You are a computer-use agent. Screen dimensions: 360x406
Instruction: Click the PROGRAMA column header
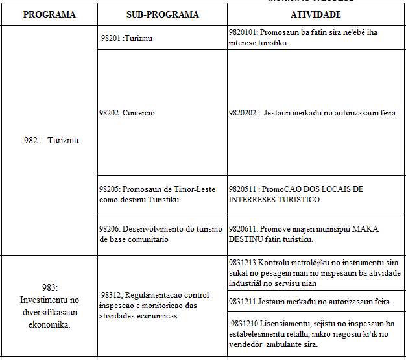coord(49,14)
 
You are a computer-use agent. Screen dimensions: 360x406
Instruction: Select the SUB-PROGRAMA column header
coord(162,14)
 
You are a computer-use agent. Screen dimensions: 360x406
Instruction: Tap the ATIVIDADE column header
coord(316,14)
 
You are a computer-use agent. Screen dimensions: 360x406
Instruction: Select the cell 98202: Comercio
coord(127,113)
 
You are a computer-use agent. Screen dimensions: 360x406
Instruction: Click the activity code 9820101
coord(244,32)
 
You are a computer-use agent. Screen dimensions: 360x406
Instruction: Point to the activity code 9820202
coord(244,113)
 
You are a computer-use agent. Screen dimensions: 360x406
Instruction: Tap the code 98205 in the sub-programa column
coord(109,189)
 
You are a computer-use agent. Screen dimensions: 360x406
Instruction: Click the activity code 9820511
coord(244,189)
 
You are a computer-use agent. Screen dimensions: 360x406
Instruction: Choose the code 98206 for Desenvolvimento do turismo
coord(109,229)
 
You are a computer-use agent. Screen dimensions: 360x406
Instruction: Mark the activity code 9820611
coord(244,229)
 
